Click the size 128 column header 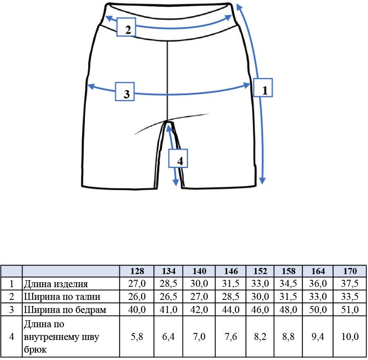pyautogui.click(x=137, y=271)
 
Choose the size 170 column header pyautogui.click(x=350, y=271)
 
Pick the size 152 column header pyautogui.click(x=260, y=271)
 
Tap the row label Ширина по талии pyautogui.click(x=62, y=297)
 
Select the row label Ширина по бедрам pyautogui.click(x=65, y=310)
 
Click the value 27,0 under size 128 pyautogui.click(x=137, y=284)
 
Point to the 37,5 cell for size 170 pyautogui.click(x=350, y=284)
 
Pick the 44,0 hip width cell pyautogui.click(x=231, y=310)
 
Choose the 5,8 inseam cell pyautogui.click(x=137, y=337)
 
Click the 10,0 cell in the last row pyautogui.click(x=350, y=337)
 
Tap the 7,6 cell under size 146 pyautogui.click(x=231, y=337)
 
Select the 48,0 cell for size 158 pyautogui.click(x=288, y=310)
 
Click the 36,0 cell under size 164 pyautogui.click(x=318, y=284)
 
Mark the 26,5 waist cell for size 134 pyautogui.click(x=168, y=297)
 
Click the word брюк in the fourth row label pyautogui.click(x=35, y=350)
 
